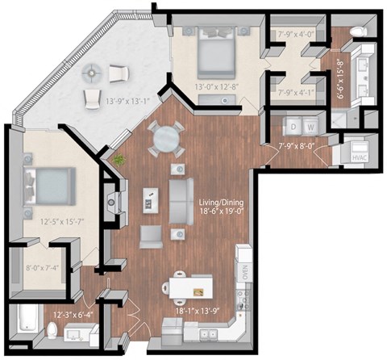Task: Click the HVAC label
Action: pos(359,157)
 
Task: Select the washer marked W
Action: pos(310,128)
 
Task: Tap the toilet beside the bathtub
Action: pos(54,331)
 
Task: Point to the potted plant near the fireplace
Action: pos(119,160)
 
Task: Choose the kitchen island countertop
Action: pos(192,286)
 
